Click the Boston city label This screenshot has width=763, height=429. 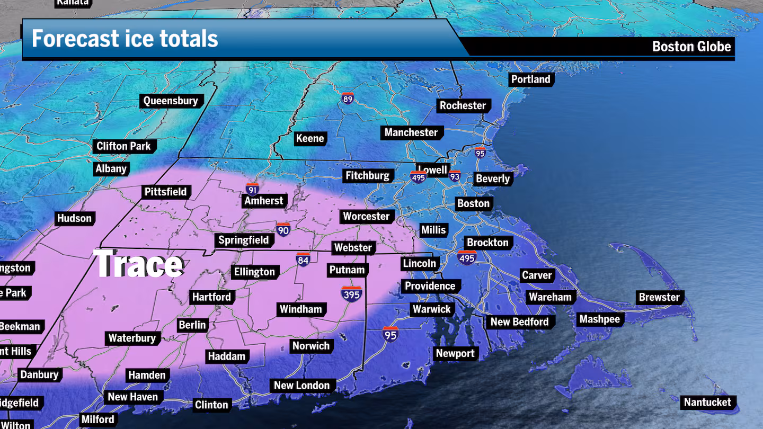point(473,203)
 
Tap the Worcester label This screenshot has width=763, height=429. point(366,216)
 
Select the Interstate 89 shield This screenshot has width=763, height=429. point(348,98)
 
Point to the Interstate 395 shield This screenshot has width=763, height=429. point(351,294)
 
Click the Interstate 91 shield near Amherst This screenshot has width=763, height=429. point(252,189)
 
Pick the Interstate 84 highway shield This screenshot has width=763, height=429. point(303,260)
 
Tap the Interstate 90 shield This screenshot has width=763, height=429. point(283,229)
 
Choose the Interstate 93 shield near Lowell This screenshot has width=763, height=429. point(454,176)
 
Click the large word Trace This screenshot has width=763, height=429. point(139,264)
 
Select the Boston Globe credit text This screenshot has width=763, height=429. point(691,47)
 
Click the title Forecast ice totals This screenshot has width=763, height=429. point(125,39)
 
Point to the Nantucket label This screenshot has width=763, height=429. point(707,402)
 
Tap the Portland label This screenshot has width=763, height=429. point(530,79)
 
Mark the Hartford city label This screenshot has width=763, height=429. point(211,297)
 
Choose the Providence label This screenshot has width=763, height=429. point(430,286)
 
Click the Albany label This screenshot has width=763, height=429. point(111,169)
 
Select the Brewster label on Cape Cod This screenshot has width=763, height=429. point(659,297)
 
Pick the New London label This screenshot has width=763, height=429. point(301,386)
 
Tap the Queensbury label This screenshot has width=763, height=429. point(171,101)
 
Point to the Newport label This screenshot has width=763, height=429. point(455,353)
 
